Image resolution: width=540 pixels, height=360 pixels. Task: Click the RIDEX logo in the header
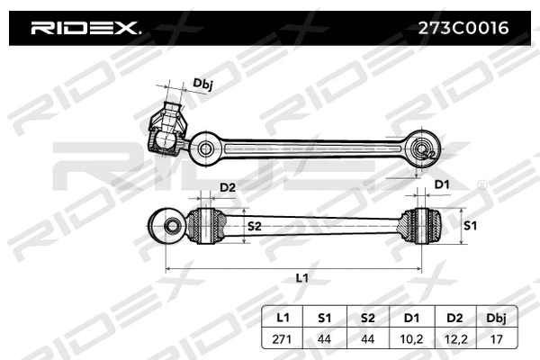tap(86, 28)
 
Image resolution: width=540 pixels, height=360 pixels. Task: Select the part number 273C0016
tap(460, 28)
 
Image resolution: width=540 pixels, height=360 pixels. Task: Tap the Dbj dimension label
tap(202, 84)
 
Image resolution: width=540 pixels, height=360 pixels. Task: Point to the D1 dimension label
tap(441, 184)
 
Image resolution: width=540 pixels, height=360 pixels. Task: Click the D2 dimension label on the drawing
tap(228, 187)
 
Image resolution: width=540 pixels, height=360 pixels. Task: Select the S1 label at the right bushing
tap(468, 225)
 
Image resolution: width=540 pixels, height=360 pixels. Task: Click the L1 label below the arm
tap(302, 278)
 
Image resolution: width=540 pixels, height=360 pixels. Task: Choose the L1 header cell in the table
tap(283, 317)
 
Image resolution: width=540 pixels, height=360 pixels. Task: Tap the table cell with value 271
tap(283, 338)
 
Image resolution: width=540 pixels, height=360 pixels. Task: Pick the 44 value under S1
tap(324, 338)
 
